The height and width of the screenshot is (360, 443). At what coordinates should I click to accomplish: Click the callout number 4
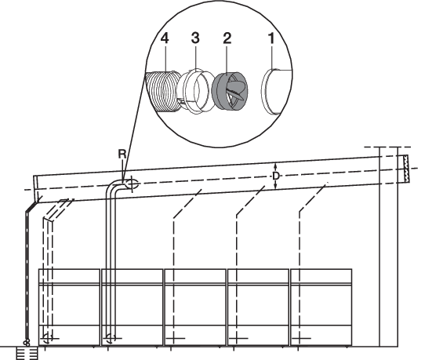[165, 38]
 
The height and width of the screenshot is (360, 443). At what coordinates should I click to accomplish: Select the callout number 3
[195, 38]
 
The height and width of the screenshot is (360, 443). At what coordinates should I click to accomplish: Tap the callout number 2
[227, 38]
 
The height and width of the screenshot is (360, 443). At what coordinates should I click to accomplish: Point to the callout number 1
[271, 38]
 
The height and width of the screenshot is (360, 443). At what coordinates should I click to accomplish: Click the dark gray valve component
[230, 91]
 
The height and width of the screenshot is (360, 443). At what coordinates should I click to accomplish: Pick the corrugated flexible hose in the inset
[163, 92]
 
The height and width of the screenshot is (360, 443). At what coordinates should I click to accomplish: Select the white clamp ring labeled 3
[195, 91]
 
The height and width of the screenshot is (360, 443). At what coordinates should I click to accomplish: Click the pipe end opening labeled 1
[275, 92]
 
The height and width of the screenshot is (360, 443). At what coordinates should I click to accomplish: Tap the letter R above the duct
[122, 155]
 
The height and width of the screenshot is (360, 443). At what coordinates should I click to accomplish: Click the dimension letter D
[276, 176]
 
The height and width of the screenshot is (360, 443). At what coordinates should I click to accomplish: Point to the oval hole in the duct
[132, 184]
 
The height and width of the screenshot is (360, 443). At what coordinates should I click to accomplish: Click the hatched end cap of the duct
[405, 169]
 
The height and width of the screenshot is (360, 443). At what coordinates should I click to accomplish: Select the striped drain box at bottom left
[27, 353]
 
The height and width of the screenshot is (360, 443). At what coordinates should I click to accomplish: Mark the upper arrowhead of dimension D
[276, 165]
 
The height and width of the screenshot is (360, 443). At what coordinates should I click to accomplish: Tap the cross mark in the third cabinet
[175, 338]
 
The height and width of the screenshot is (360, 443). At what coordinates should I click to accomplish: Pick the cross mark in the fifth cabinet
[301, 338]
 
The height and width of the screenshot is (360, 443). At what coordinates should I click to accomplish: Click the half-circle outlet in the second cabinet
[111, 338]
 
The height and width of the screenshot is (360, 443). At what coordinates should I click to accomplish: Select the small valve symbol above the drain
[27, 343]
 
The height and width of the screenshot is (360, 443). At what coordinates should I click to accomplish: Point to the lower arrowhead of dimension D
[276, 186]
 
